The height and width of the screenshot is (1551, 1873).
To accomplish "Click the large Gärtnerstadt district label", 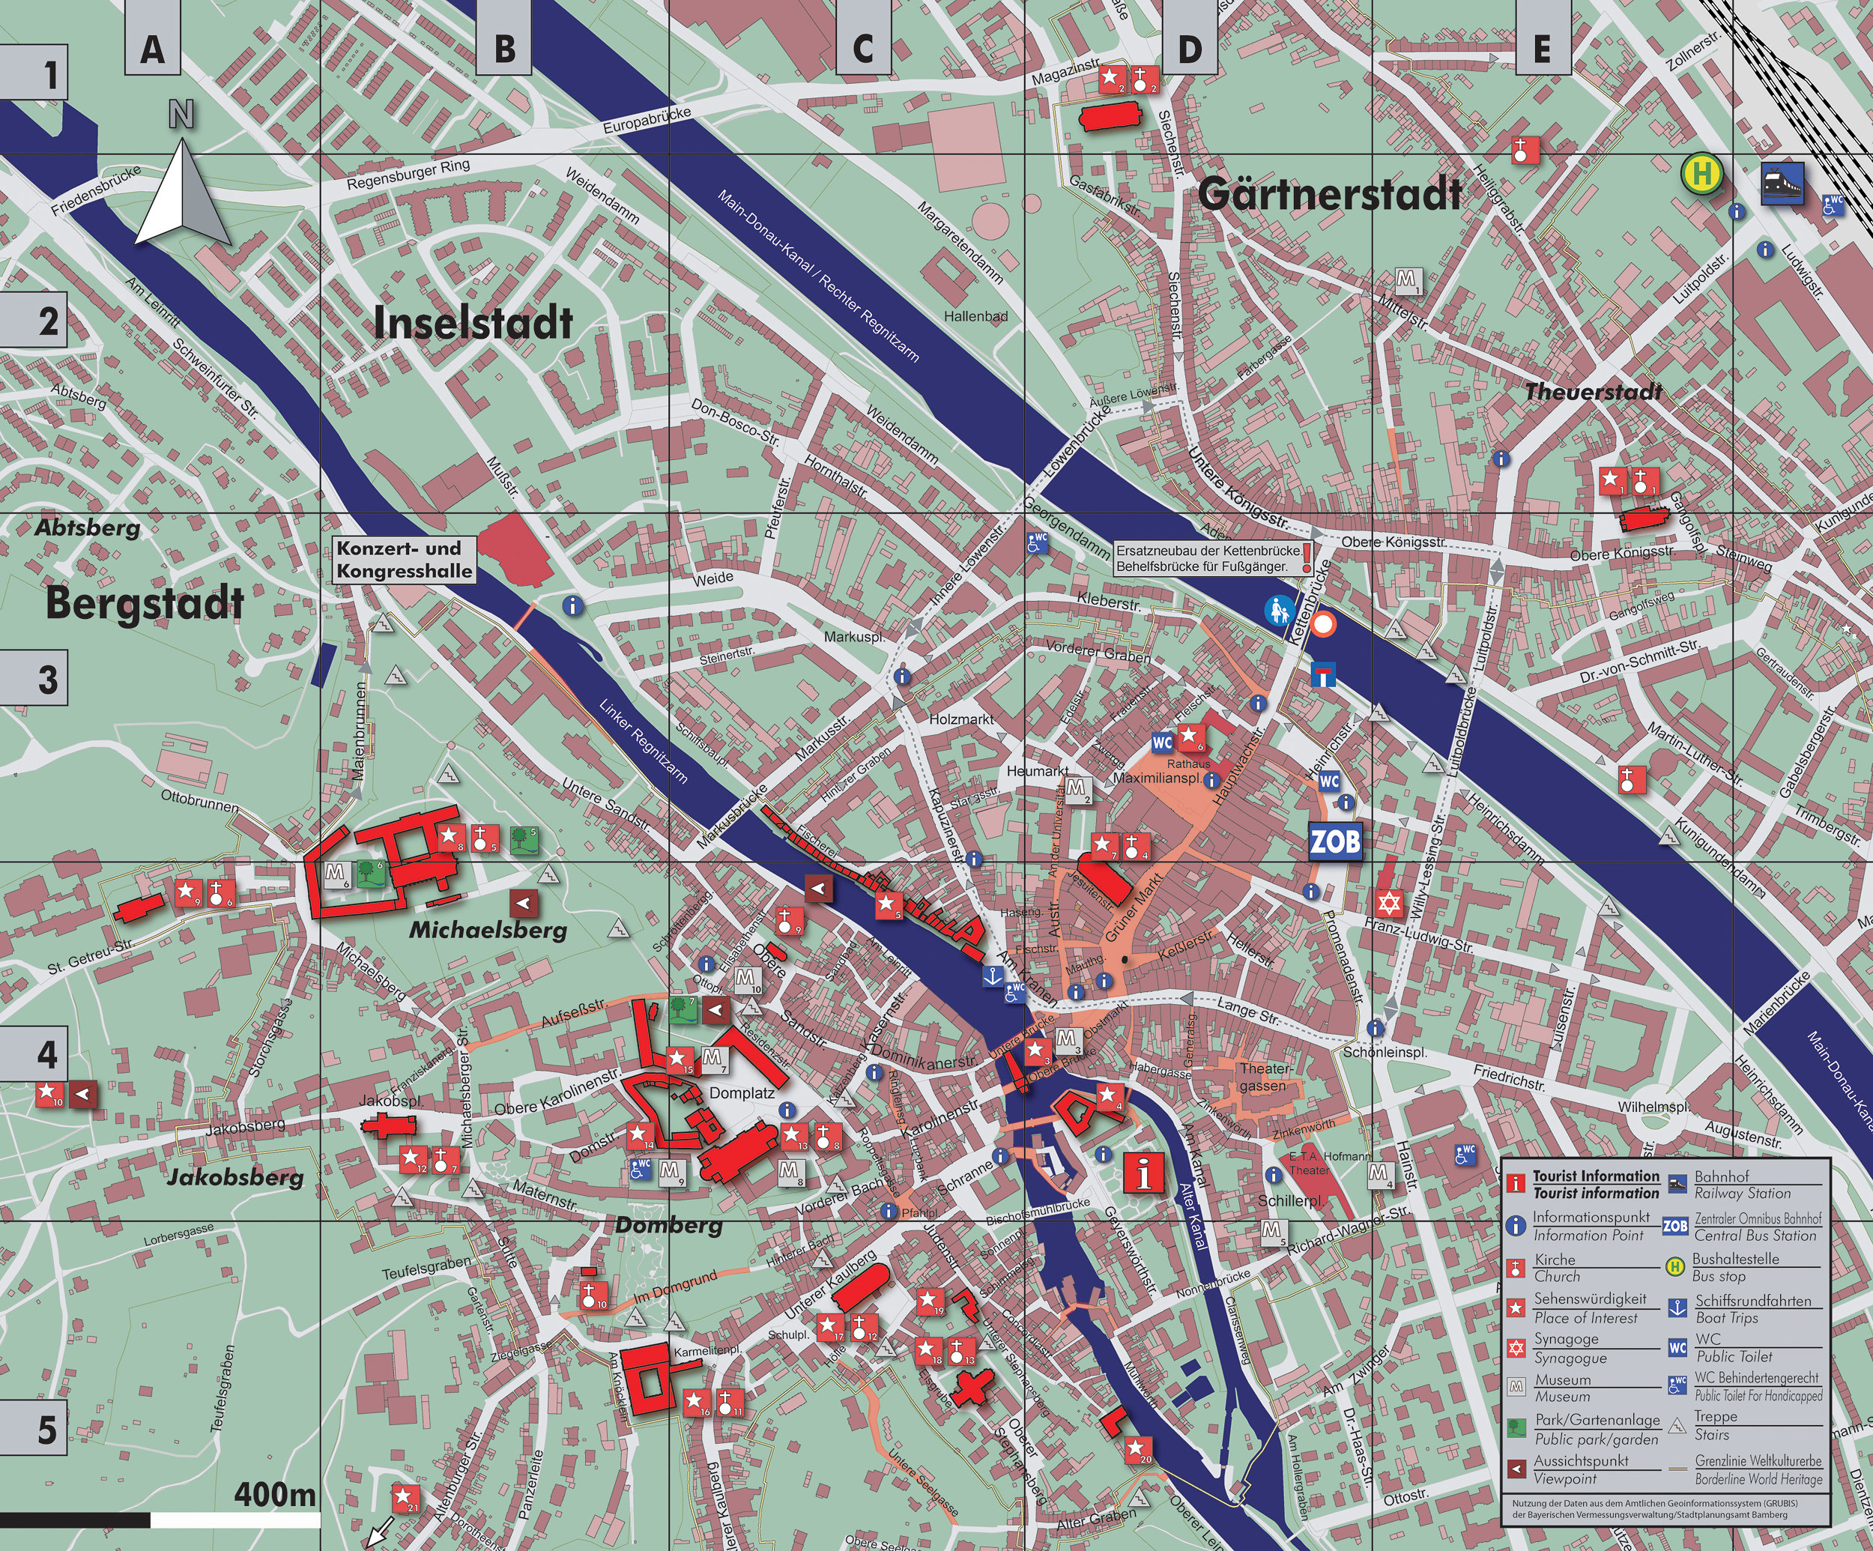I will tap(1330, 193).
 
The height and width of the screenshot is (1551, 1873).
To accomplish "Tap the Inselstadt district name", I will tap(473, 323).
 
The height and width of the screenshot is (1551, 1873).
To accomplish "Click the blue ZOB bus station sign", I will tap(1335, 840).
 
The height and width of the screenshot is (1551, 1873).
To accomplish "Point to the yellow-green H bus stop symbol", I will tap(1701, 174).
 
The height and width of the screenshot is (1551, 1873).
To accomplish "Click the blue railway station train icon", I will tap(1782, 183).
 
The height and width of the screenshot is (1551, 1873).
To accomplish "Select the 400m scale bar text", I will tap(275, 1494).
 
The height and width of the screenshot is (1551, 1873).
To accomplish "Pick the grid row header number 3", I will tap(47, 680).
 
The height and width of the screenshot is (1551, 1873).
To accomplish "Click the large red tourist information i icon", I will tap(1143, 1172).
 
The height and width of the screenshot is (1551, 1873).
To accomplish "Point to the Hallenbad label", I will tap(975, 315).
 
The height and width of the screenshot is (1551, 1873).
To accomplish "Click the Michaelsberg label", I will tap(488, 931).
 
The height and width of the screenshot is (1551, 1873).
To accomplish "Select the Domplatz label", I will tap(741, 1092).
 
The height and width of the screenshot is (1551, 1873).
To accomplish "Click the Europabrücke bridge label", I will tap(647, 121).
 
